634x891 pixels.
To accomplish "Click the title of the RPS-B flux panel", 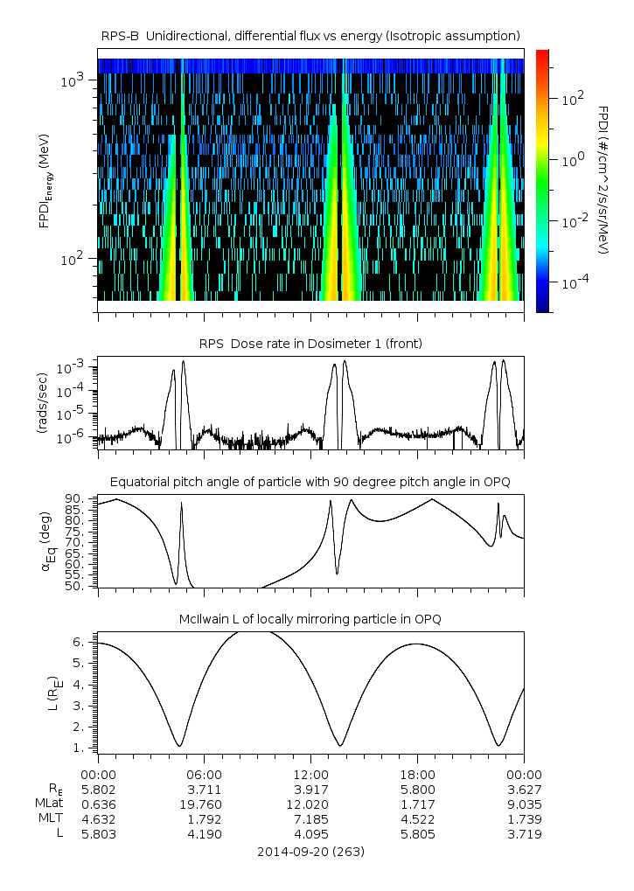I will (x=310, y=35).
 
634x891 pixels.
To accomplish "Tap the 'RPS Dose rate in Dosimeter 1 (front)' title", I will (x=310, y=344).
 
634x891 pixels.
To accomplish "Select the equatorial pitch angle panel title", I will (x=310, y=482).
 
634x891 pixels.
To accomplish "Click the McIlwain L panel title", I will (x=310, y=619).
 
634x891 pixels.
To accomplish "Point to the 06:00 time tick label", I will (x=204, y=774).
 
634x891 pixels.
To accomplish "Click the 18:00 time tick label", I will (x=417, y=774).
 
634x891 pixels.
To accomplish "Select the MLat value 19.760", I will (x=204, y=804).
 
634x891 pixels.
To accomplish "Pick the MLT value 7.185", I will (x=310, y=818).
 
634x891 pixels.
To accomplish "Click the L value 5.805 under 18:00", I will (x=417, y=834).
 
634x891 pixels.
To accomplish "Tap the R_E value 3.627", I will (x=524, y=789).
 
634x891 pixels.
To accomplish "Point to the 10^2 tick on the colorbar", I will (x=573, y=100).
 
